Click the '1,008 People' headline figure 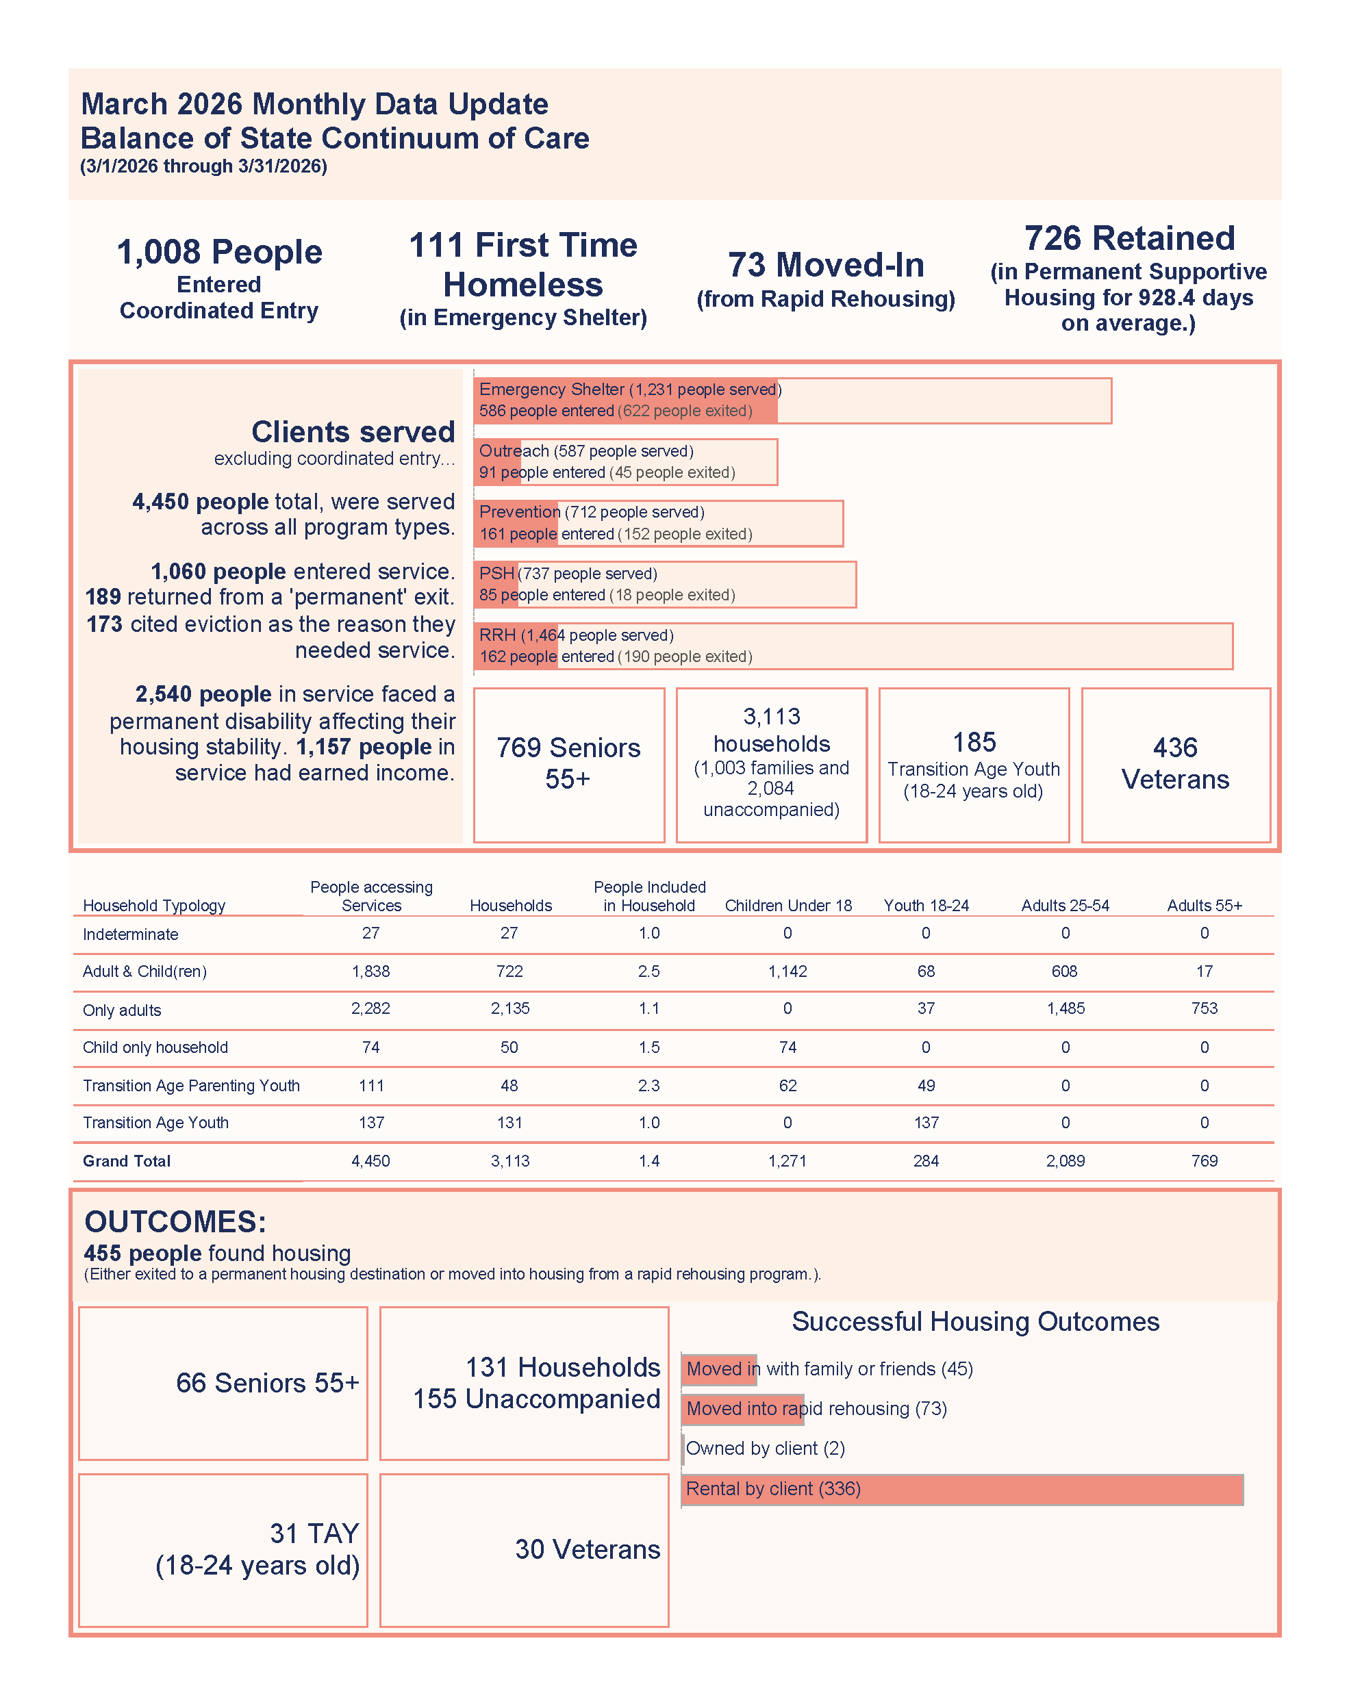[220, 253]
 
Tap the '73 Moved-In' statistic [825, 265]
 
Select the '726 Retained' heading [1129, 238]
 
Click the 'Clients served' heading [353, 432]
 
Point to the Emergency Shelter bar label [629, 390]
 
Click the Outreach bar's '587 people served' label [624, 450]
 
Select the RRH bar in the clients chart [853, 646]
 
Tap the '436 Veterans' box [1175, 764]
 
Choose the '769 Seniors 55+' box [568, 764]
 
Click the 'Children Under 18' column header [788, 906]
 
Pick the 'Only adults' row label [122, 1010]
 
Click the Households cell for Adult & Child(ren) [509, 971]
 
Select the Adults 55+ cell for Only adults [1205, 1008]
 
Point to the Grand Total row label [127, 1160]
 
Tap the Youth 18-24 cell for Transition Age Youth [926, 1123]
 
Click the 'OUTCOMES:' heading [175, 1221]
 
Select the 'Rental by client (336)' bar [962, 1489]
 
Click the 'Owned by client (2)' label [764, 1449]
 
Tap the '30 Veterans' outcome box [525, 1550]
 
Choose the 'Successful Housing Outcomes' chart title [975, 1321]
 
